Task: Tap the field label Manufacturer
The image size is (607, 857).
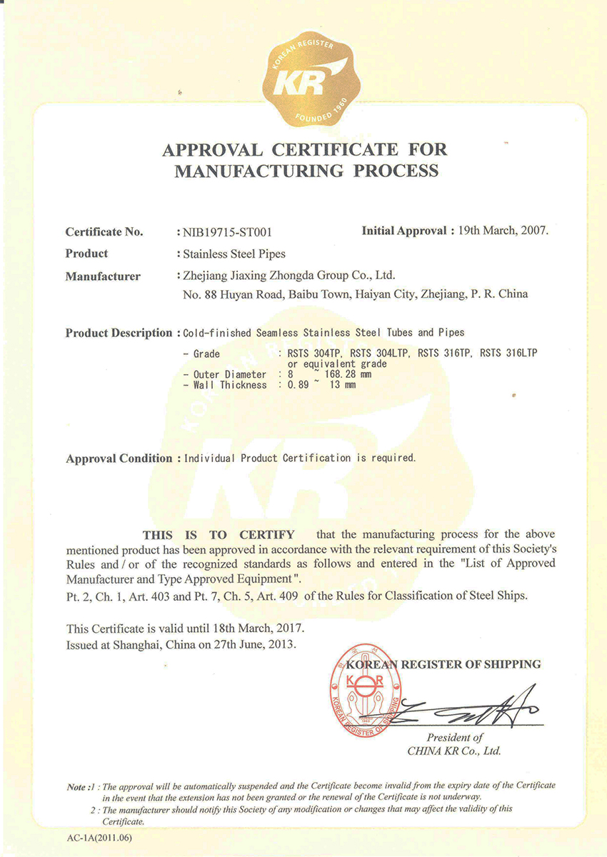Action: click(x=103, y=276)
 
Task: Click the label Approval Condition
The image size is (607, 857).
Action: click(x=119, y=458)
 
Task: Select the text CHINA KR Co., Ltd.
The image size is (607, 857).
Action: click(x=454, y=751)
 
